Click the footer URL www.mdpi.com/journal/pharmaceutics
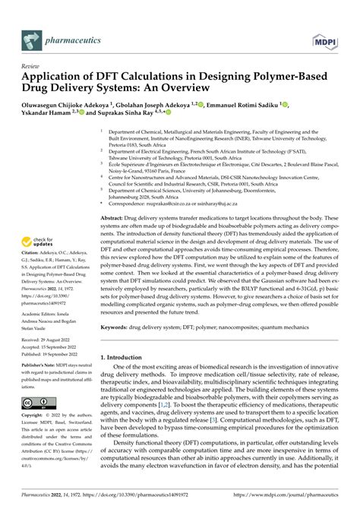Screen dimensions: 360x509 (295, 501)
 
